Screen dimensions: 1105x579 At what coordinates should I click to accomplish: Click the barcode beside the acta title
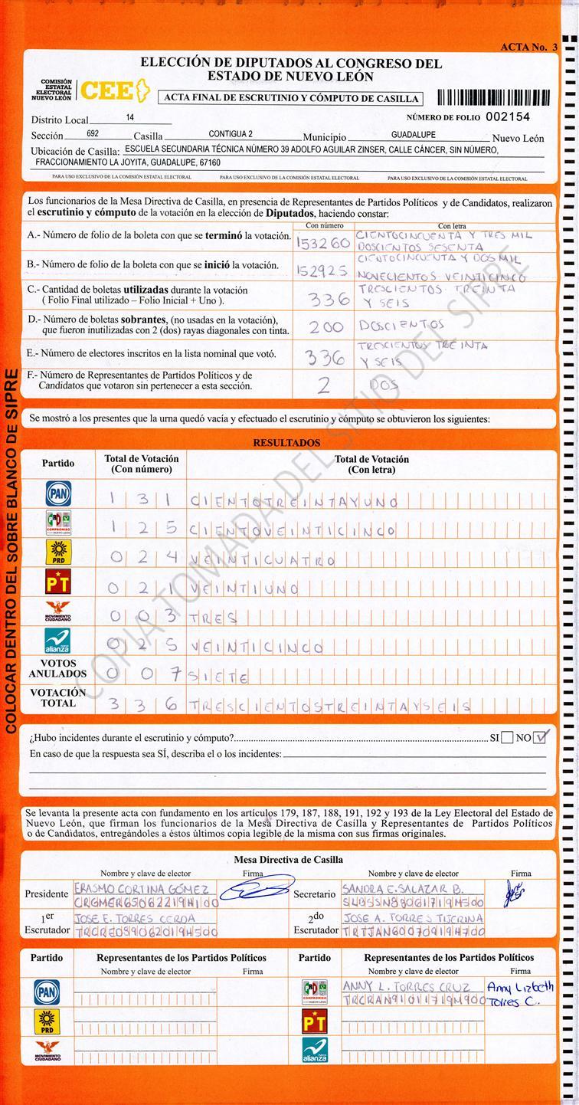pos(493,97)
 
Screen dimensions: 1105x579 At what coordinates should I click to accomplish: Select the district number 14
pos(130,118)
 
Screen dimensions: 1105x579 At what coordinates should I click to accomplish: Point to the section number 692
pos(93,133)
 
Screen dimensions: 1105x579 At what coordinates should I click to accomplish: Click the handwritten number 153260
pos(322,243)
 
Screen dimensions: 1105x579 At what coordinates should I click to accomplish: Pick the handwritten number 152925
pos(321,271)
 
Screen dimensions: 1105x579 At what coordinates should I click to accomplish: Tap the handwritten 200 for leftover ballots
pos(325,327)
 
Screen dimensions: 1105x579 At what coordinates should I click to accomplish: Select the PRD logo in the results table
pos(58,552)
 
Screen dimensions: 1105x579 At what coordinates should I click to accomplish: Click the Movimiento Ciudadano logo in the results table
pos(58,612)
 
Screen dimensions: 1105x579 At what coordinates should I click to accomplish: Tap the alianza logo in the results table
pos(58,640)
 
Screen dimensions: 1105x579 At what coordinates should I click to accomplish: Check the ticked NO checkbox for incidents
pos(541,738)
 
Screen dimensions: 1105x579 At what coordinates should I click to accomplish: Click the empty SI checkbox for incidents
pos(506,738)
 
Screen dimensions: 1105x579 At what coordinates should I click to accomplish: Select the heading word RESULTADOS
pos(286,443)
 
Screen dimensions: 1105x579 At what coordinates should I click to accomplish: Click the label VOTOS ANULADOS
pos(58,668)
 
